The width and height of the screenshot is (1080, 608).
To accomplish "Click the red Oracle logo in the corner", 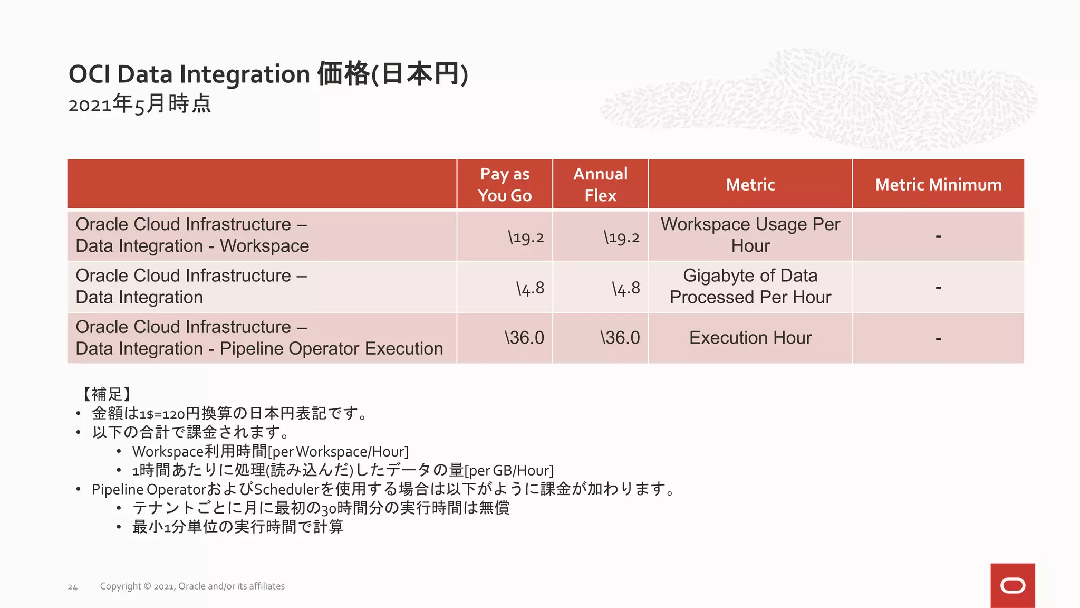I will (1012, 585).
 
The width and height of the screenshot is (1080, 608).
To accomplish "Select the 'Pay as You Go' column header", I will (504, 184).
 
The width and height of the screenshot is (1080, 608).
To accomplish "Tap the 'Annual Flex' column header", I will (600, 184).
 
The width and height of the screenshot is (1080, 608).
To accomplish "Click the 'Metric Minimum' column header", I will (938, 185).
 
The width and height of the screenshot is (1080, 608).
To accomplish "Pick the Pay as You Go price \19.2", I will (525, 237).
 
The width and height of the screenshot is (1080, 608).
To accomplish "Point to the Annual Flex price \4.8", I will (625, 288).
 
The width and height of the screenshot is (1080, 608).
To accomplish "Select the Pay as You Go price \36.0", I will (524, 338).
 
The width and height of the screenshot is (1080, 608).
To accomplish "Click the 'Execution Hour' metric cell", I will (750, 338).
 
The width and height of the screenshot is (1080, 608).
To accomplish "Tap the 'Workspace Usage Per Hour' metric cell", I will (750, 235).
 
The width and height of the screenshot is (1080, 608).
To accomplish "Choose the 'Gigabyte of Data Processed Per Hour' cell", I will (750, 287).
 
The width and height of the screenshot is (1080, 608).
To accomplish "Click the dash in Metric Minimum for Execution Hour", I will (938, 338).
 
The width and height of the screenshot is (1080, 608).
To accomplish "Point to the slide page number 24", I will (73, 587).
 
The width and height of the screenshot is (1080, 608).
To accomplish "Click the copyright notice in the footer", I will (192, 586).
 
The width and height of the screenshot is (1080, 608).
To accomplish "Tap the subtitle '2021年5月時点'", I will (139, 103).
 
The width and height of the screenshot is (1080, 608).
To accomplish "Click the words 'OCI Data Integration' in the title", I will (189, 74).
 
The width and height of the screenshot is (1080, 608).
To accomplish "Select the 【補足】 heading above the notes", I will (107, 394).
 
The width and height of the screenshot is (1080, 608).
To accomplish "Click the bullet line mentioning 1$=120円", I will (230, 413).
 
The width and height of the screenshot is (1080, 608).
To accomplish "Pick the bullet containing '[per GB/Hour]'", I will (343, 470).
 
